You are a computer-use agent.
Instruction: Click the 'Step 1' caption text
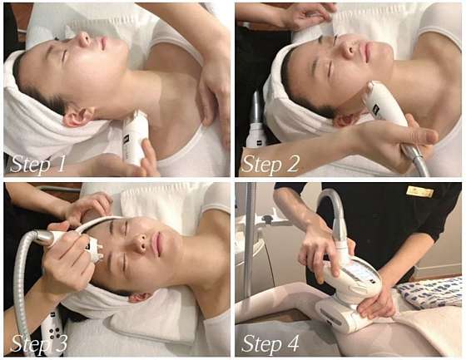tap(37, 165)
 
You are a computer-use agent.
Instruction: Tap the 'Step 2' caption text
tap(270, 165)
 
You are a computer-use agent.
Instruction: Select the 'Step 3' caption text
tap(38, 344)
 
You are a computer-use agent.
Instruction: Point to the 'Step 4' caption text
tap(270, 344)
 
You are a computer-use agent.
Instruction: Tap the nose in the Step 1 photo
tap(84, 38)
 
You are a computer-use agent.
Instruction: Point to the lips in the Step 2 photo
tap(369, 52)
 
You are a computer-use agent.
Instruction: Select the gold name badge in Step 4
tap(420, 191)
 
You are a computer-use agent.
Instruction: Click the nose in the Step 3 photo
tap(139, 241)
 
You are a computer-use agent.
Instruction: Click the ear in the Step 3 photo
tap(140, 297)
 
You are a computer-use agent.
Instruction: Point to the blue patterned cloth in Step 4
tap(430, 295)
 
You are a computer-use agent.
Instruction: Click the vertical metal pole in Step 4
tap(251, 238)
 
